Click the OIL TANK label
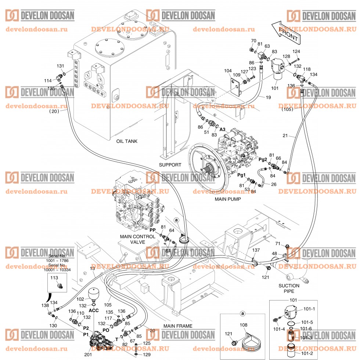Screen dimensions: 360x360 [127, 141]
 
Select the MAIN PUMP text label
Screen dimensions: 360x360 [228, 199]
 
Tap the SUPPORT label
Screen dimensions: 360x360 [170, 165]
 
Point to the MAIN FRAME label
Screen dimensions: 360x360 [178, 326]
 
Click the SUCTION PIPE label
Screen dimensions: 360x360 [289, 288]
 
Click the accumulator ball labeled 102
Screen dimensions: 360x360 [94, 294]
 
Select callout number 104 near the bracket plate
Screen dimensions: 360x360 [228, 71]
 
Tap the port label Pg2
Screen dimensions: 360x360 [263, 159]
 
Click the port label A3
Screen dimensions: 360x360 [222, 129]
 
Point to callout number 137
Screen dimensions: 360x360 [256, 249]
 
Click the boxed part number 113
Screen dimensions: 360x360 [54, 278]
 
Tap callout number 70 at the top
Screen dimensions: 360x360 [253, 40]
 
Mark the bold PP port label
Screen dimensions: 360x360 [153, 230]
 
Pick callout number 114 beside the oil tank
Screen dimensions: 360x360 [47, 80]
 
